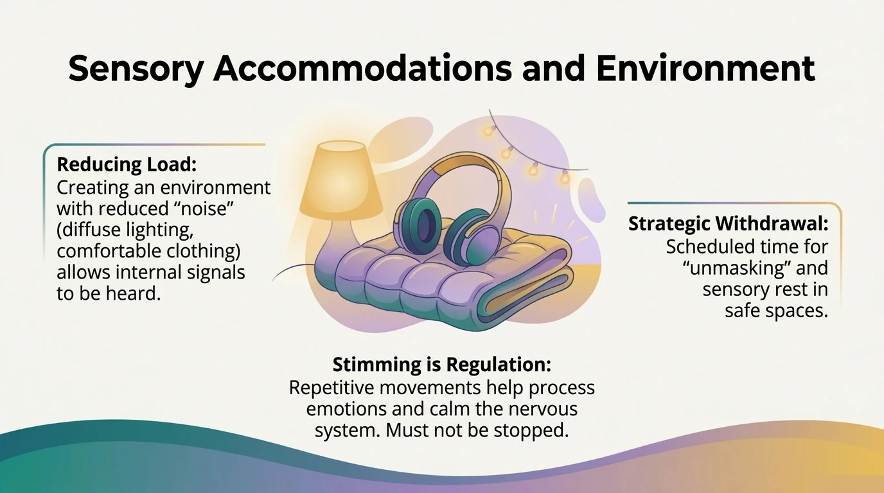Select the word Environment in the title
click(705, 69)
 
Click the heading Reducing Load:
click(126, 164)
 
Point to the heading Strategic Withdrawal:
click(728, 223)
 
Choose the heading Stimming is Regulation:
click(441, 365)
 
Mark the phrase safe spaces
click(775, 311)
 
